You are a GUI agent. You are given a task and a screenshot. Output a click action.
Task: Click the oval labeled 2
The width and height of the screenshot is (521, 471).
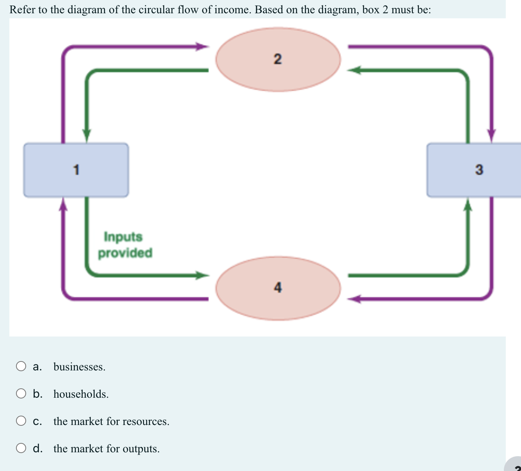coord(278,59)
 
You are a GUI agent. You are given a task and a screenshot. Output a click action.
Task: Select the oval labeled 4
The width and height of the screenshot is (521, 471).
coord(278,288)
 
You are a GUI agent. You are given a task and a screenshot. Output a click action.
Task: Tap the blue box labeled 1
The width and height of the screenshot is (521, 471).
coord(76,170)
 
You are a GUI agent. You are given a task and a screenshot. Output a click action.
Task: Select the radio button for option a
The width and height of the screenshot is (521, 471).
coord(21,367)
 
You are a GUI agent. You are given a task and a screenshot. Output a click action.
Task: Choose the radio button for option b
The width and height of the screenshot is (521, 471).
coord(21,394)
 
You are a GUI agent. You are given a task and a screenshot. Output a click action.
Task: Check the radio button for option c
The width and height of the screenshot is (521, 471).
coord(21,421)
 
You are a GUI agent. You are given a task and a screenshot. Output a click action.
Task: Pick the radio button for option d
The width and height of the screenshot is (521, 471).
coord(21,448)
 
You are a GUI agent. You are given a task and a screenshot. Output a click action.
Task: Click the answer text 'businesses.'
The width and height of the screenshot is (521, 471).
coord(80,367)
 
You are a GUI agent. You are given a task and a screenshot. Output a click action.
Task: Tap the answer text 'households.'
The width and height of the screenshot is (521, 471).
coord(81,394)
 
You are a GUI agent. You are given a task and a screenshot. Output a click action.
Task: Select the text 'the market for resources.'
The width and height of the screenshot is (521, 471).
coord(112,421)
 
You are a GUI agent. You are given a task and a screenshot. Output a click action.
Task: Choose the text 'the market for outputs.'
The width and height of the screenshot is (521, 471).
coord(106,449)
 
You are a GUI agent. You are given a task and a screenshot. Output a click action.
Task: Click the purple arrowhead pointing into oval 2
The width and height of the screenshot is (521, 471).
coord(202,47)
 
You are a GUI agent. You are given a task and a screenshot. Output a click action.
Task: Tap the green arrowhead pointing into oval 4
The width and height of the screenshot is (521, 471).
coord(202,275)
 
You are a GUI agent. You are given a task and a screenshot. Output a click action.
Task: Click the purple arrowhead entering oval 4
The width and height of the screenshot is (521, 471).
coord(354,299)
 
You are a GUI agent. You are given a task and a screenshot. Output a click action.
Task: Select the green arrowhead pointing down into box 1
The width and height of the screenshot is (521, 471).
coord(87,136)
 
